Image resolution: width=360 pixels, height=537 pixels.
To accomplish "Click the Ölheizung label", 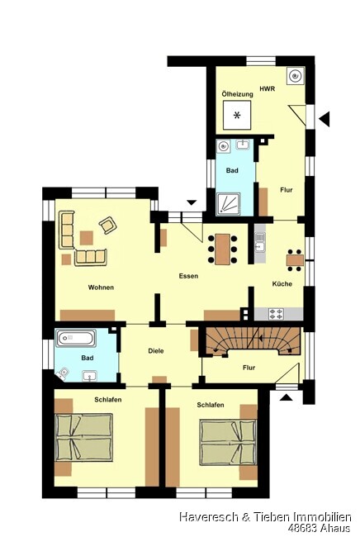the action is tap(237, 94).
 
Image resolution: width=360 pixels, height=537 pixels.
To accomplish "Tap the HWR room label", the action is tap(268, 88).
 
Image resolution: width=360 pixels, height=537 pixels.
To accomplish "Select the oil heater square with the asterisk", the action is tap(237, 115).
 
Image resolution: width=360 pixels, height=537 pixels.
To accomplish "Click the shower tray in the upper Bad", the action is tap(228, 204).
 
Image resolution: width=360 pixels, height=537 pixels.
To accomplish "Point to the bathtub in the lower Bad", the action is tap(75, 339).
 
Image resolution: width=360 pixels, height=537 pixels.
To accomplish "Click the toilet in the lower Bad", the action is tap(64, 373).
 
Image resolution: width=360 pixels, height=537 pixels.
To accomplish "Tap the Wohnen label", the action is tap(101, 287).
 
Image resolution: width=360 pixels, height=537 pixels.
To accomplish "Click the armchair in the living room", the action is tap(108, 225).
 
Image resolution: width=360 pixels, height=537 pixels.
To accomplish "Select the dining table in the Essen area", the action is tap(223, 249).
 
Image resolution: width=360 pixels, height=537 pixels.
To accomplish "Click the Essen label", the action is tap(188, 276).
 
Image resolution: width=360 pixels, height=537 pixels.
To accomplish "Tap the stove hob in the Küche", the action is tap(276, 314).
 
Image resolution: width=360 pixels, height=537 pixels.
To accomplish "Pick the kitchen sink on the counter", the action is tap(260, 241).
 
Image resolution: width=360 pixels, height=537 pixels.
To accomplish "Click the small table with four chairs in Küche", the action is tap(295, 260).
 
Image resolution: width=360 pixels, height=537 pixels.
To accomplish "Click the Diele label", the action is tap(156, 350).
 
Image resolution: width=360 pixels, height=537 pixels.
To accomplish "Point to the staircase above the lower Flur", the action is tap(253, 340).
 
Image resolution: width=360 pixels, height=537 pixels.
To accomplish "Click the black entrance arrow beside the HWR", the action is tap(324, 119).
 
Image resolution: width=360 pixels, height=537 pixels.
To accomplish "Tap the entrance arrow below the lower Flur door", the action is tap(286, 397).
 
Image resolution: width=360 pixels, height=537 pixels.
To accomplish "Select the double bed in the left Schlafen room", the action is tap(84, 437).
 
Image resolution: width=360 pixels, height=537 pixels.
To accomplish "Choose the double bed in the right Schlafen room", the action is tap(228, 443).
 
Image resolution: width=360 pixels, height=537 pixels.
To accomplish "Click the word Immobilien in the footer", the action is tap(320, 517).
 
